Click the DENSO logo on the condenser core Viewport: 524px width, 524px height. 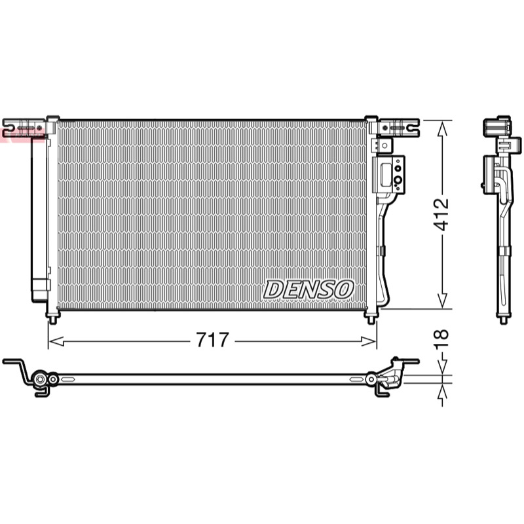point(309,290)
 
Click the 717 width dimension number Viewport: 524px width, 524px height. point(212,340)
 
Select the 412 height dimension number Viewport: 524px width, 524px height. point(441,215)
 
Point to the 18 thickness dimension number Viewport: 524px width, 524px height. point(441,339)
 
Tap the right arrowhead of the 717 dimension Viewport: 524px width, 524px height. point(369,341)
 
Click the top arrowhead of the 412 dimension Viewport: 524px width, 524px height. point(443,128)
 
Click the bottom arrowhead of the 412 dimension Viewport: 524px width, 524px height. point(443,301)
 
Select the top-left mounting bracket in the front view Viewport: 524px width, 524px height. point(24,127)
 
